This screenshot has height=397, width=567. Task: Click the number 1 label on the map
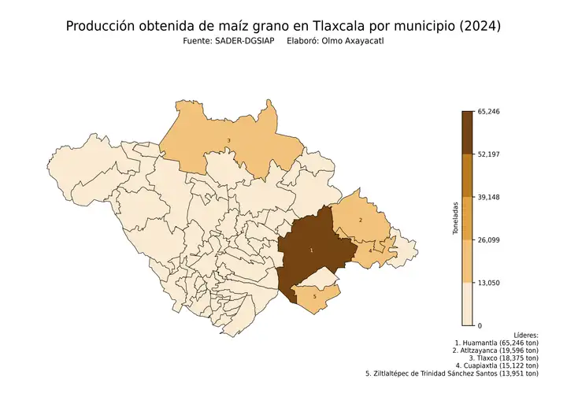[312, 250]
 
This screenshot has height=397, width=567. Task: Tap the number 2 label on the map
[361, 220]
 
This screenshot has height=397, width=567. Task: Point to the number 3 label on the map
[228, 141]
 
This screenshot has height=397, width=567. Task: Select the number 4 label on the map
[370, 251]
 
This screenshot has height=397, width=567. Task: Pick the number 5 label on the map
[315, 297]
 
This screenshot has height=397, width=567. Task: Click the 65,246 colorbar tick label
[489, 112]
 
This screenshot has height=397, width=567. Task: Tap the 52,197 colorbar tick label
[489, 154]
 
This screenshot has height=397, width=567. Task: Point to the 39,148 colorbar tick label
[489, 197]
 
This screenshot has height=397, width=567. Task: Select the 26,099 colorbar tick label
[489, 239]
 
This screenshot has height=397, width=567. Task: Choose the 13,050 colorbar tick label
[489, 283]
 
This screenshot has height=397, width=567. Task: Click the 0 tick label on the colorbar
[480, 325]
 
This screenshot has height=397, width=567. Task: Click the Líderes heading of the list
[525, 335]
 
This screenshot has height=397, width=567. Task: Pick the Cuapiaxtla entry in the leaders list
[497, 365]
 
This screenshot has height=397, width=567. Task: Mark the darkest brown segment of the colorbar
[467, 132]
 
